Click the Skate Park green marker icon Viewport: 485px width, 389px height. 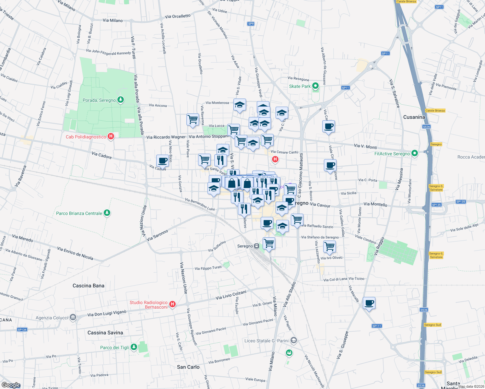315,86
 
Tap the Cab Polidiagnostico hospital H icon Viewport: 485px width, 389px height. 111,136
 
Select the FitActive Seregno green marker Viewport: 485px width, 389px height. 414,153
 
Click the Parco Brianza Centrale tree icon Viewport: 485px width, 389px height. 107,213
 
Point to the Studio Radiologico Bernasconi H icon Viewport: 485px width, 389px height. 172,304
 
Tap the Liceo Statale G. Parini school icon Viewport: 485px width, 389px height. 293,340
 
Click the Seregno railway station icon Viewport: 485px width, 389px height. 257,246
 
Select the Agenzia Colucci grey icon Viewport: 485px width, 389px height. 73,317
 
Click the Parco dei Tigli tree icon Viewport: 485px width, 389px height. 134,347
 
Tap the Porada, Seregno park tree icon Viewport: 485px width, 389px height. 121,100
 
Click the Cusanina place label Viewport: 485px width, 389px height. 414,117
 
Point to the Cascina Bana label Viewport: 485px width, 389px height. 89,286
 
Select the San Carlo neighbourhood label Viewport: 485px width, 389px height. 188,367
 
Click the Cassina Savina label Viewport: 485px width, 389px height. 105,333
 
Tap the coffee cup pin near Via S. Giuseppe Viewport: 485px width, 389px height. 369,303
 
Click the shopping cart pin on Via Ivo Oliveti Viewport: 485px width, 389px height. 329,246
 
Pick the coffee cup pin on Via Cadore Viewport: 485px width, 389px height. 162,160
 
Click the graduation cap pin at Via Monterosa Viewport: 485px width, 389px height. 240,105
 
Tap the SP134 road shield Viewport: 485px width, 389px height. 22,330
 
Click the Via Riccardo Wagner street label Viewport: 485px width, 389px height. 166,137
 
